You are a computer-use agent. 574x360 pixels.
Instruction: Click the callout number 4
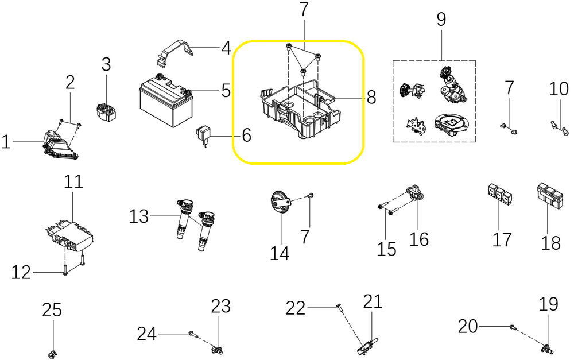pos(226,48)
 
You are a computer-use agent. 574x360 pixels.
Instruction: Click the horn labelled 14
pos(280,204)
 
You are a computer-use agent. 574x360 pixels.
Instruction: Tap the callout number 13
pos(138,217)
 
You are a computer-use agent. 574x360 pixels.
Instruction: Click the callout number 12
pos(21,272)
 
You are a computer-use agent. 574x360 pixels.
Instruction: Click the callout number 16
pos(419,239)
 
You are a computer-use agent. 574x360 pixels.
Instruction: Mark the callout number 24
pos(146,333)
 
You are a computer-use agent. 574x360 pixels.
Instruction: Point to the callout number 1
pos(6,141)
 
